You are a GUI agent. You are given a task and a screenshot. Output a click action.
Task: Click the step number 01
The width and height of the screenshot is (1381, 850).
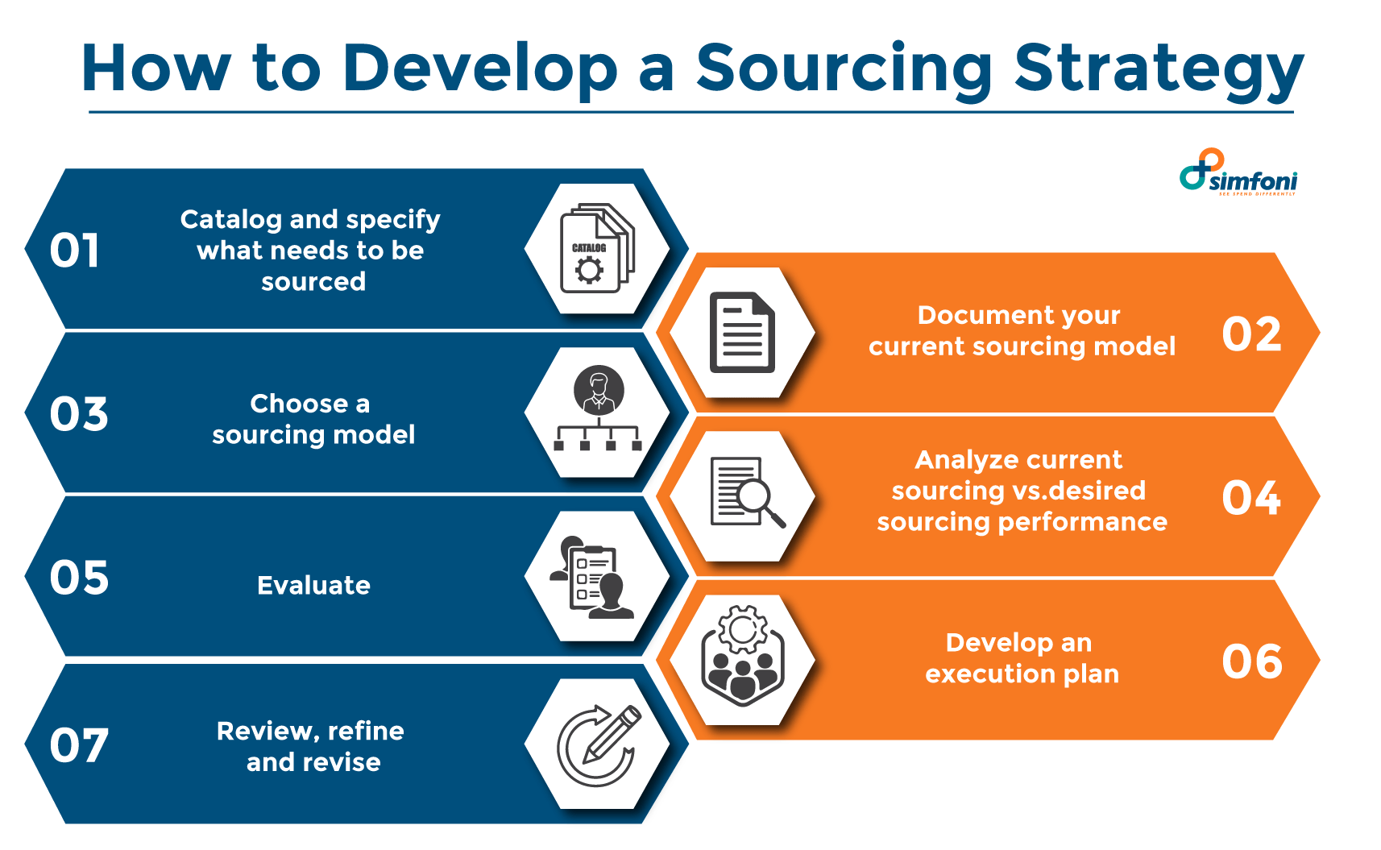coord(74,251)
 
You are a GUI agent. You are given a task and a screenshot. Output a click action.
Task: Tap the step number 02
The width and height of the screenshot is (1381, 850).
coord(1251,334)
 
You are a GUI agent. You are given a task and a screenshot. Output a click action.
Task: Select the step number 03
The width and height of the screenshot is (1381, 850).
coord(78,414)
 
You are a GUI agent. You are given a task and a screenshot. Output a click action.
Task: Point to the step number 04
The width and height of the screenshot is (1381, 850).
coord(1251,498)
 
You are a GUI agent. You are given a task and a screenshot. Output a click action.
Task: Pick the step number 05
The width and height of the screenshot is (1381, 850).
coord(78,578)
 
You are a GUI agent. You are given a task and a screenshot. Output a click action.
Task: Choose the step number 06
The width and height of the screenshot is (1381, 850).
coord(1251,661)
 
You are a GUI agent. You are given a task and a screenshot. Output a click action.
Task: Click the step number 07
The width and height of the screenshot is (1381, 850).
coord(78,746)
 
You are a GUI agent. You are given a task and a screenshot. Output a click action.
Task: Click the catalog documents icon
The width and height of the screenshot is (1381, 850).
coord(597,248)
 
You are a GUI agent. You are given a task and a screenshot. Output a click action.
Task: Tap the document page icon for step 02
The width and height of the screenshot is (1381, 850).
coord(742,332)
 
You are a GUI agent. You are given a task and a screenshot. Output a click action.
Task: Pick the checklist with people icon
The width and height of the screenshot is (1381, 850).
coord(595,578)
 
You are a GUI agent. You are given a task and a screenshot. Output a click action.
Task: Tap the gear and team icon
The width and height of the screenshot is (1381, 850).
coord(742,656)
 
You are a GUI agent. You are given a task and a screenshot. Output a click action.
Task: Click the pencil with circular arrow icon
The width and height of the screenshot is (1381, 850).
coord(598,744)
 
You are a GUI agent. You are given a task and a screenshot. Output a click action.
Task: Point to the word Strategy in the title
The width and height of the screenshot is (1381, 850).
coord(1159,70)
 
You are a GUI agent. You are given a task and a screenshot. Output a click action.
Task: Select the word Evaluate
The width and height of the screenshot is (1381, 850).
coord(313,586)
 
